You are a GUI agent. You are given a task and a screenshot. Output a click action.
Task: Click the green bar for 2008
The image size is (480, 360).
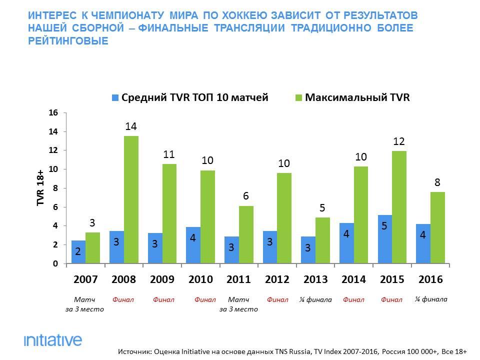[x=131, y=199]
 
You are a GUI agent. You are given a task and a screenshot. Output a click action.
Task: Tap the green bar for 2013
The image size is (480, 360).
[x=323, y=240]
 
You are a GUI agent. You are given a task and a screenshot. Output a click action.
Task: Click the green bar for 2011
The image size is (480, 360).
[x=246, y=234]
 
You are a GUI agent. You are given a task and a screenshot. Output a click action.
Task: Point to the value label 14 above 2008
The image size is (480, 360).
[x=131, y=126]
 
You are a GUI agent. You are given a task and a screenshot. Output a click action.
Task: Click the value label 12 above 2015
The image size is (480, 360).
[x=398, y=141]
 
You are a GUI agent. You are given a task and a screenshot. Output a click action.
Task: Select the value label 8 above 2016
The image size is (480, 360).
[x=437, y=182]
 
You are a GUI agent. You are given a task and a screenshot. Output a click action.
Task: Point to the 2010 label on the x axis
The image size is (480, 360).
[x=200, y=279]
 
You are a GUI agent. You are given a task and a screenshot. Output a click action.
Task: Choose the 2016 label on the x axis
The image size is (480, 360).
[x=430, y=279]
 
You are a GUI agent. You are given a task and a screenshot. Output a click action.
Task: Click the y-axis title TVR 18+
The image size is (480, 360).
[x=40, y=188]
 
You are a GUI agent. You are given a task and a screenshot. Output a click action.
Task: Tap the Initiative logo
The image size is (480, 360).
[x=52, y=340]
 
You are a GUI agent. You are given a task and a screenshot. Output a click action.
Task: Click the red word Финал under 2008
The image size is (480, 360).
[x=123, y=300]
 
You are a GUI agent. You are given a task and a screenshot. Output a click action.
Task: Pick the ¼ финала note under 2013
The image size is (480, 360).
[x=316, y=300]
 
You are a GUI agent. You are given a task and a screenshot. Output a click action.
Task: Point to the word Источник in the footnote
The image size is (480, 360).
[x=136, y=351]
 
